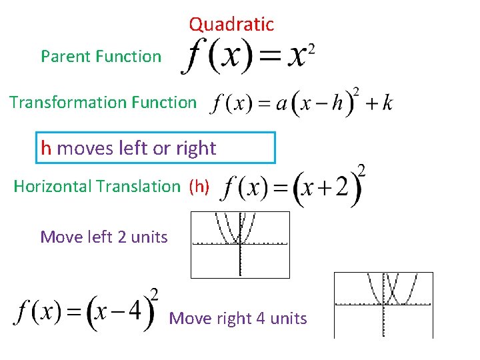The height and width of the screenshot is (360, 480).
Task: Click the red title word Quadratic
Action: tap(231, 25)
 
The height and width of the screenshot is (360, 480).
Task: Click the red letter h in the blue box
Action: tap(46, 148)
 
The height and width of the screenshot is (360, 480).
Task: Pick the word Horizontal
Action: tap(52, 186)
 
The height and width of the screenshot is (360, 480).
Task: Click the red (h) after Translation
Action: tap(199, 186)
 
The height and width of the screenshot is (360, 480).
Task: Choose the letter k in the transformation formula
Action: tap(387, 103)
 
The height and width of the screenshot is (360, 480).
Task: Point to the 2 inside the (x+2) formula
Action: tap(342, 190)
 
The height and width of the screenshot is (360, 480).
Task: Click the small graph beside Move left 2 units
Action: tap(240, 245)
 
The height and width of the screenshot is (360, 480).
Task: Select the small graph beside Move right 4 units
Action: tap(383, 305)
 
